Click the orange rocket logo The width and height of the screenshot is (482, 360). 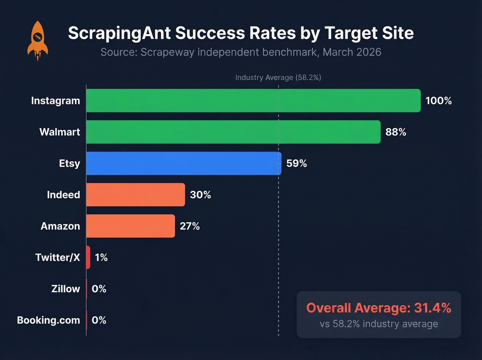(x=38, y=40)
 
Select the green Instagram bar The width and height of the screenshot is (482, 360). (x=253, y=101)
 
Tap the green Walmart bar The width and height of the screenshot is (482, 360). (x=233, y=132)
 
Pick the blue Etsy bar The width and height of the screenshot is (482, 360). (x=184, y=163)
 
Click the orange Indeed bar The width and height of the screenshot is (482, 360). (x=135, y=195)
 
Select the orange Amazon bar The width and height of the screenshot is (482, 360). (x=130, y=226)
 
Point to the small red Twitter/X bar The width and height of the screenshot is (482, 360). (x=88, y=257)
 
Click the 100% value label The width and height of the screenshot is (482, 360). (x=438, y=101)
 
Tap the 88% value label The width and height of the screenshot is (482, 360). (x=396, y=132)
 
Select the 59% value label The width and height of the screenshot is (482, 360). (x=296, y=163)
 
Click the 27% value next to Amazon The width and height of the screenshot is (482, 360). (x=190, y=226)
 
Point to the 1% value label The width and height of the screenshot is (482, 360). (x=101, y=257)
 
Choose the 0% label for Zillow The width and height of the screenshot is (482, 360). (x=99, y=289)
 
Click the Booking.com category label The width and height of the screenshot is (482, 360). (x=49, y=320)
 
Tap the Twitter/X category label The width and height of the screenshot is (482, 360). (x=57, y=257)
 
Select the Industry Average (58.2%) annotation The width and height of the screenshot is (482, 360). (x=278, y=78)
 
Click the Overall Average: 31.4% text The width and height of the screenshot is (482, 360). (x=379, y=308)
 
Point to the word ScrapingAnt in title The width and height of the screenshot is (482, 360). (x=119, y=33)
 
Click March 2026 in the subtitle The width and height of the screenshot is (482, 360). (x=352, y=52)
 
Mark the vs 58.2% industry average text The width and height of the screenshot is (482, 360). (x=379, y=324)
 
